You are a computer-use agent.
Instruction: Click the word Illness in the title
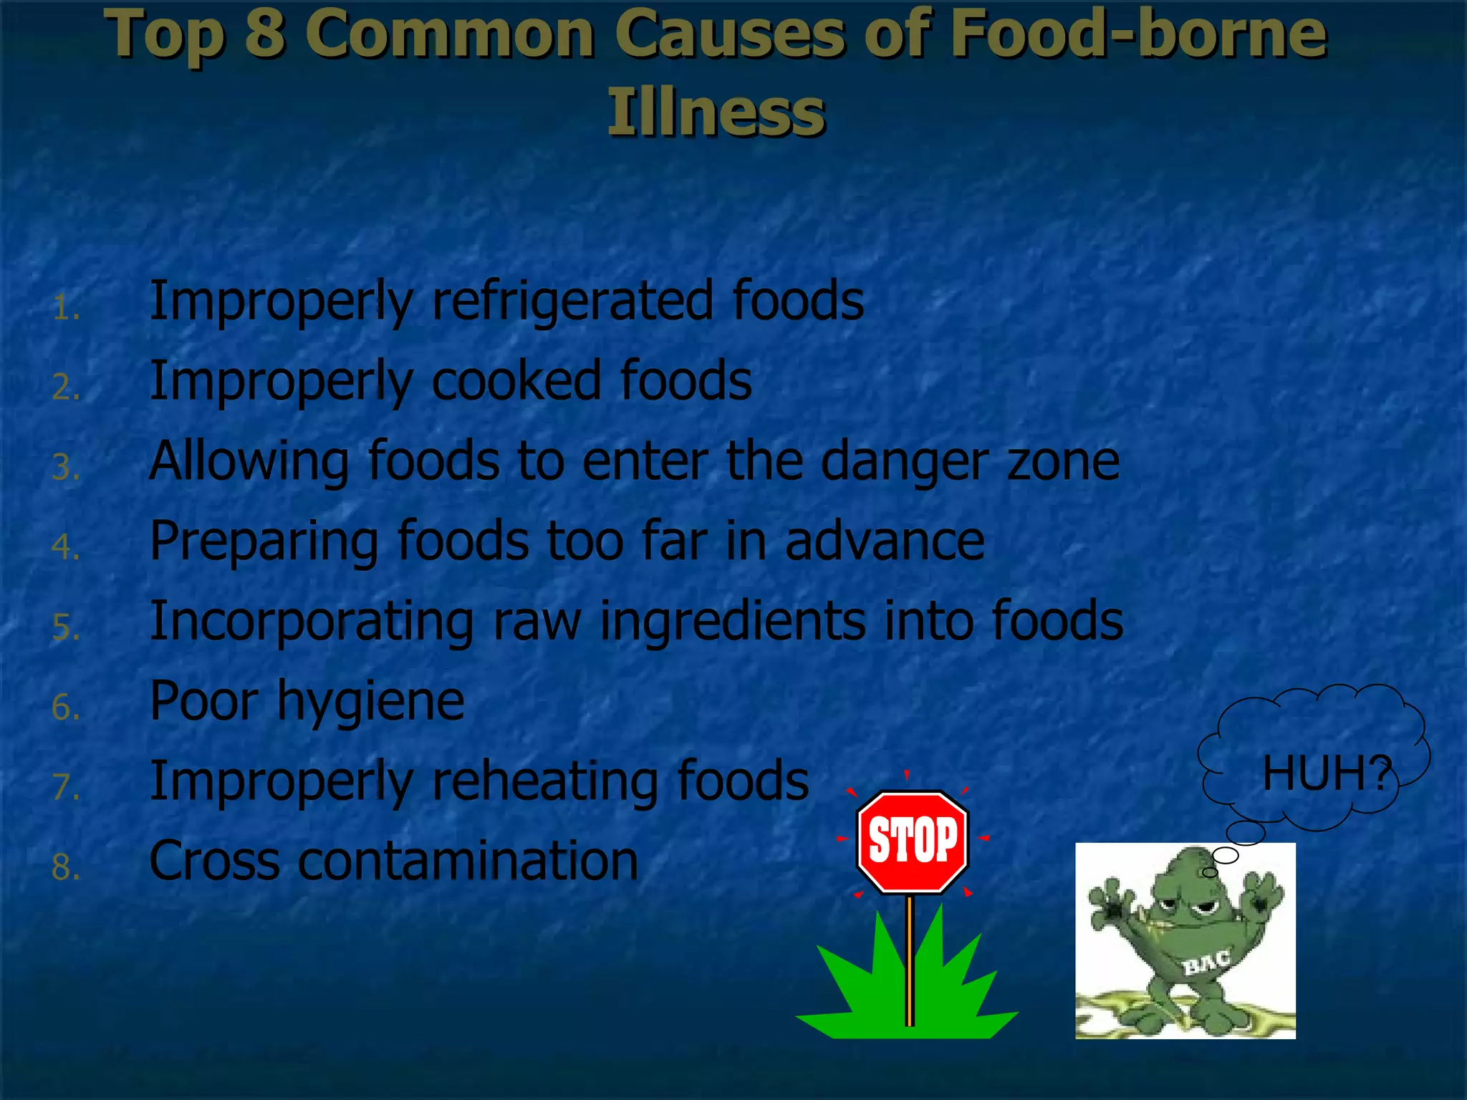click(x=716, y=112)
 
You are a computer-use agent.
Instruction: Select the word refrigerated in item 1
click(x=572, y=301)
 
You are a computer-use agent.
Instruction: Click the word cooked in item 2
click(x=516, y=381)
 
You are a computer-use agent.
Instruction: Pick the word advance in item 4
click(x=885, y=541)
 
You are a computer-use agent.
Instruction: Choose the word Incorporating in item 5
click(x=312, y=622)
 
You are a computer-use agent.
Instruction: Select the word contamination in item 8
click(x=468, y=861)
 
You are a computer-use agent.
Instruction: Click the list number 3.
click(x=64, y=468)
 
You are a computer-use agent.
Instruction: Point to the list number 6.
click(x=64, y=708)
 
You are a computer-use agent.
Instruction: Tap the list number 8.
click(x=64, y=867)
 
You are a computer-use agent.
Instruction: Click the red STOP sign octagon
click(x=913, y=841)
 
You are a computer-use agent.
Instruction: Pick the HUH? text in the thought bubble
click(x=1326, y=774)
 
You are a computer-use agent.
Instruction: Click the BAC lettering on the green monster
click(x=1207, y=962)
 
